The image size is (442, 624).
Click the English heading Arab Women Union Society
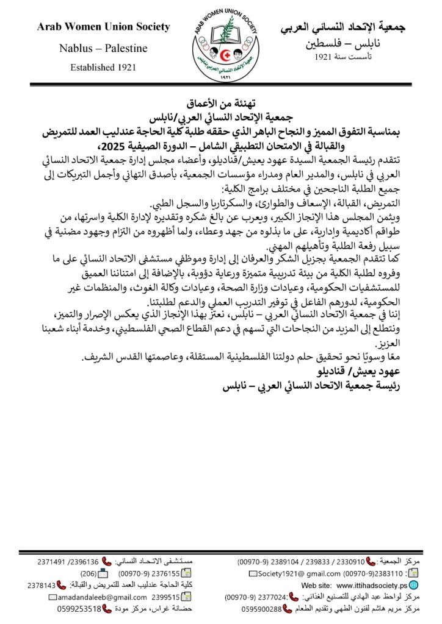click(103, 27)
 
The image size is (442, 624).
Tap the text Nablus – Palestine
click(103, 48)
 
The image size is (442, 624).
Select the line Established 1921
click(103, 67)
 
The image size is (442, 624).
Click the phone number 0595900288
click(261, 609)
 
